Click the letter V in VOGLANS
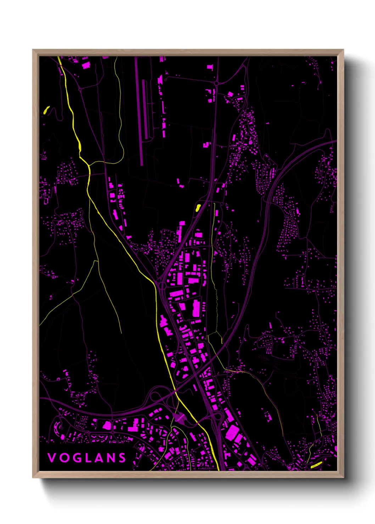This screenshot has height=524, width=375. pyautogui.click(x=51, y=458)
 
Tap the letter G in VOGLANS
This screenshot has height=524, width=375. pyautogui.click(x=75, y=458)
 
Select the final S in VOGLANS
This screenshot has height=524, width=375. pyautogui.click(x=122, y=458)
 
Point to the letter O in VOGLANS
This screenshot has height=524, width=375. pyautogui.click(x=63, y=458)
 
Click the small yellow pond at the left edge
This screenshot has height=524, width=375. pyautogui.click(x=46, y=110)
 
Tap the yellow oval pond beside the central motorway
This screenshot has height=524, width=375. pyautogui.click(x=198, y=207)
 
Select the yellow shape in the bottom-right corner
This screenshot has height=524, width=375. pyautogui.click(x=316, y=465)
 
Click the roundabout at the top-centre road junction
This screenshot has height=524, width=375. pyautogui.click(x=216, y=83)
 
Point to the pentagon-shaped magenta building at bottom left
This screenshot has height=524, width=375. pyautogui.click(x=107, y=425)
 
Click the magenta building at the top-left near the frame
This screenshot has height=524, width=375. pyautogui.click(x=86, y=65)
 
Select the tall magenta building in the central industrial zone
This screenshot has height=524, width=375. pyautogui.click(x=196, y=308)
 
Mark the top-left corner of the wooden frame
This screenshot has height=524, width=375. pyautogui.click(x=33, y=50)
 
